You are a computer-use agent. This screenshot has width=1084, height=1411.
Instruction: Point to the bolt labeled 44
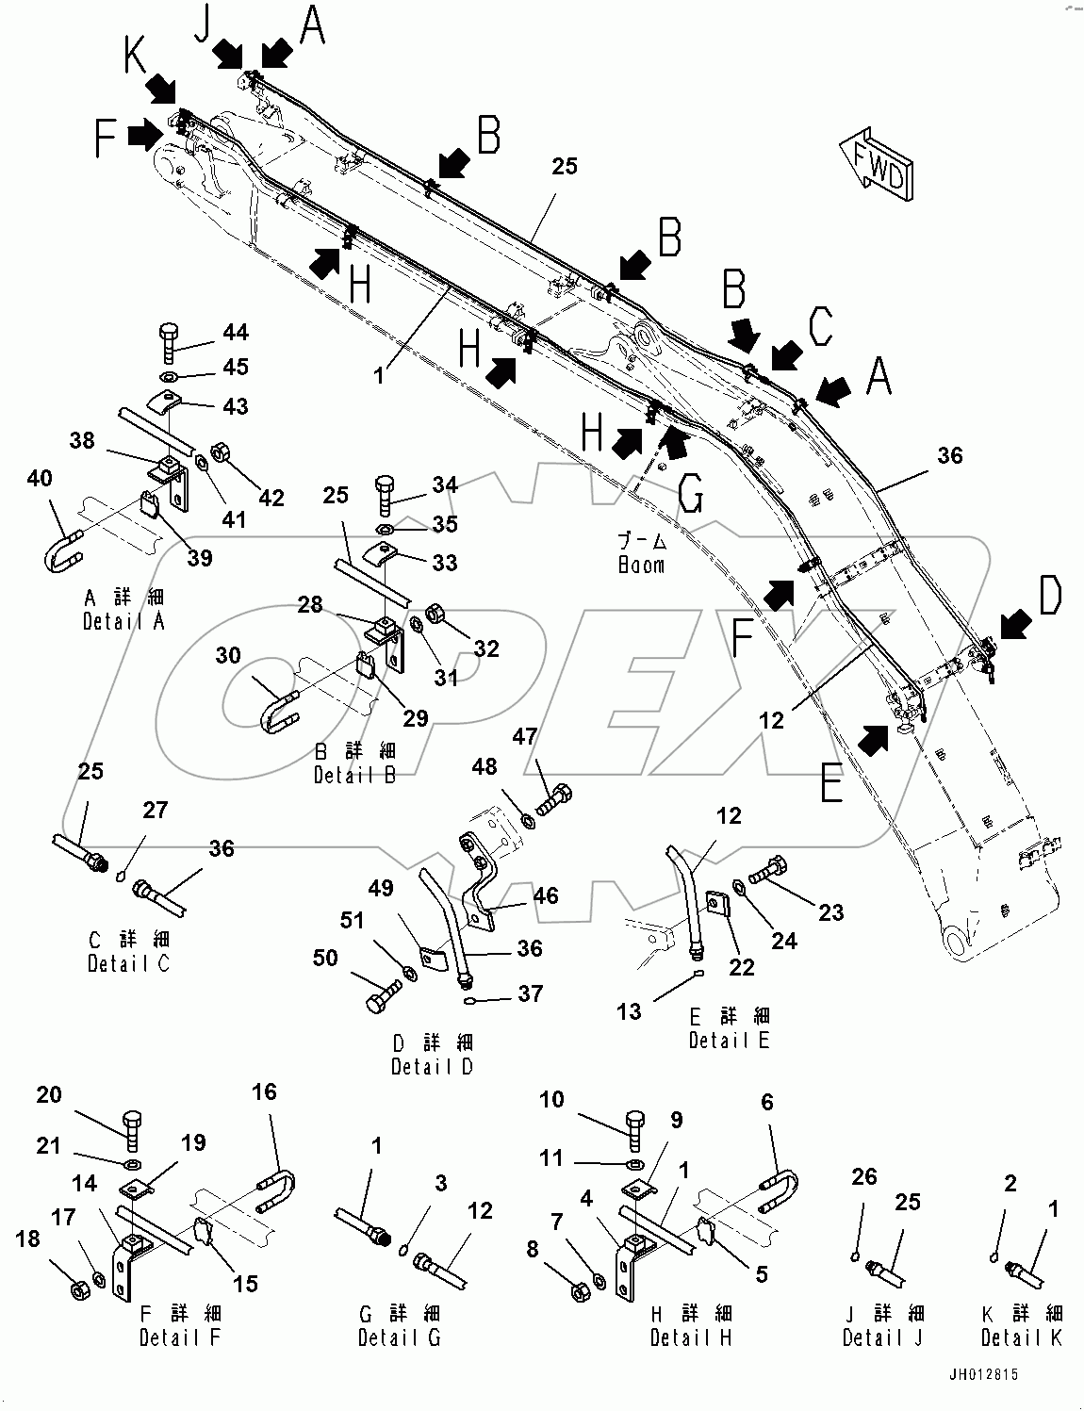click(x=168, y=341)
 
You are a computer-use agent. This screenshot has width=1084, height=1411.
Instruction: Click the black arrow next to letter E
click(x=876, y=739)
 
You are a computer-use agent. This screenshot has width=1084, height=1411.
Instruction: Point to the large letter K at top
click(x=136, y=57)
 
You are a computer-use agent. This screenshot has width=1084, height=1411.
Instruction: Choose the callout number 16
click(x=264, y=1091)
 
